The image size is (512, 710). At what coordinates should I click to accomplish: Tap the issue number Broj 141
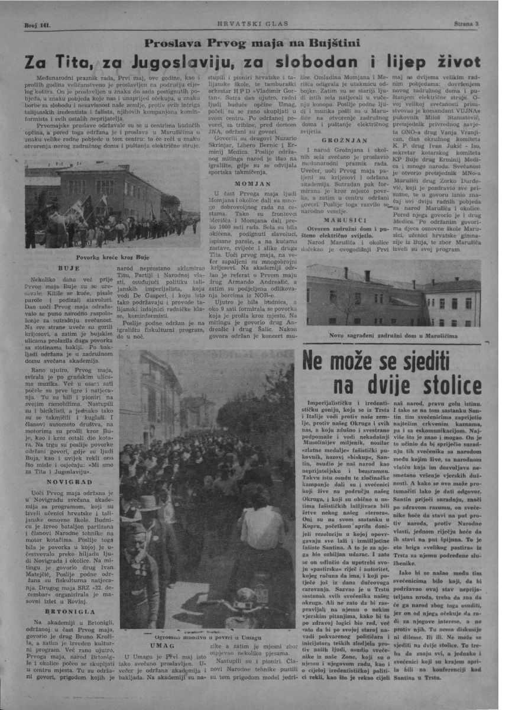37,25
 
